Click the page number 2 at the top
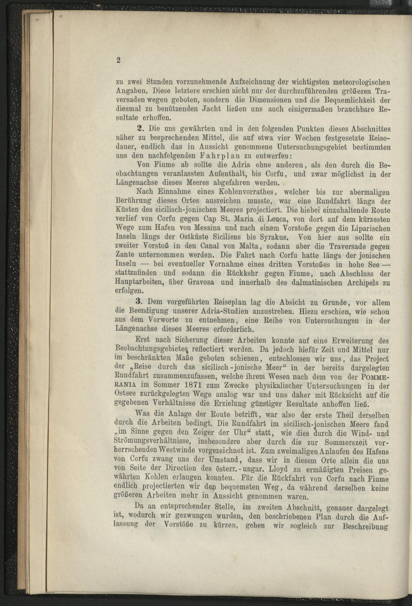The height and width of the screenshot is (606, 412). point(118,60)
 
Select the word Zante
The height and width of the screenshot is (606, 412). point(124,256)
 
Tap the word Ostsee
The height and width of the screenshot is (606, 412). point(125,395)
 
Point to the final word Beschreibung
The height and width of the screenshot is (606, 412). point(365,527)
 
